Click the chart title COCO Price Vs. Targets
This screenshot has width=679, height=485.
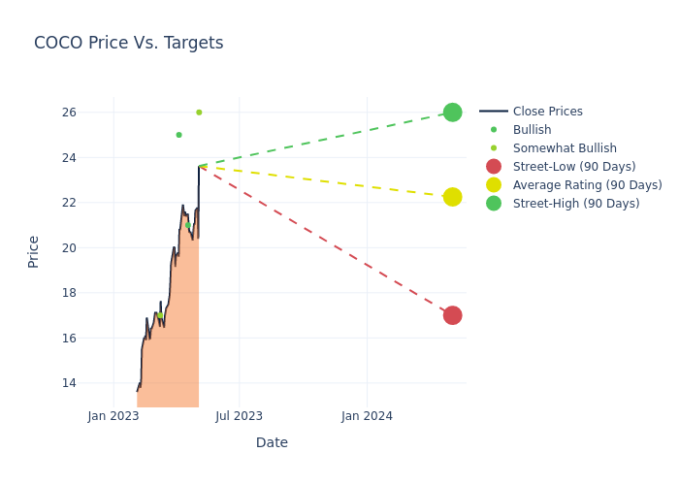coord(128,43)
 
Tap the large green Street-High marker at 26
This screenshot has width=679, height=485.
coord(452,113)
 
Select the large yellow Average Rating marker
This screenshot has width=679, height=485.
coord(452,197)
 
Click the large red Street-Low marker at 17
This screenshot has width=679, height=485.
coord(452,315)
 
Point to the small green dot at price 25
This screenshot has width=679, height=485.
coord(178,135)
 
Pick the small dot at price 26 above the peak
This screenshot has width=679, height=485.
coord(199,113)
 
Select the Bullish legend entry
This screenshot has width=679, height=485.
coord(532,130)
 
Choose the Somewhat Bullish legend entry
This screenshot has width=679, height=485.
coord(565,148)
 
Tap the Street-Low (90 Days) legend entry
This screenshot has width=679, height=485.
coord(573,167)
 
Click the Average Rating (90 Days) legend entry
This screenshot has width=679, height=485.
coord(587,185)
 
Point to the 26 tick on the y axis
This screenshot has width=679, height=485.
coord(69,113)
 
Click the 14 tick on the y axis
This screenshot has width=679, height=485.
coord(69,383)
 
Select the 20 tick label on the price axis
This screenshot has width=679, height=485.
coord(69,248)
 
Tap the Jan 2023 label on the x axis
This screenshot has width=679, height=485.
coord(113,416)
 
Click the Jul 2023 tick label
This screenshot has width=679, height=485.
coord(239,416)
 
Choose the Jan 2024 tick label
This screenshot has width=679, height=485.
coord(367,416)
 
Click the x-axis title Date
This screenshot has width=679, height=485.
coord(272,442)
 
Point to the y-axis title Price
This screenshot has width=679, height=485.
coord(34,251)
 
